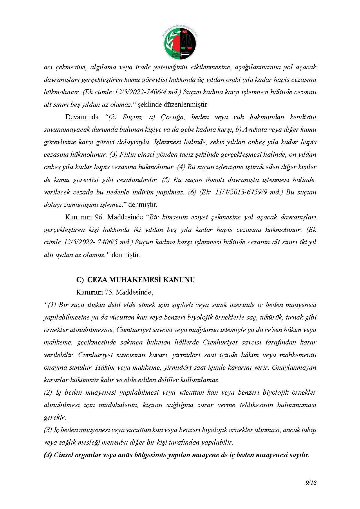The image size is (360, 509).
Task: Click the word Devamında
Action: [x=82, y=117]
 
